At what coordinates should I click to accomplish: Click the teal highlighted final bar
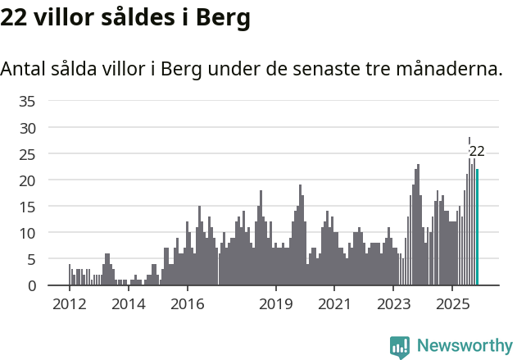[x=478, y=227]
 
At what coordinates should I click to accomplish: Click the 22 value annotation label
[x=477, y=151]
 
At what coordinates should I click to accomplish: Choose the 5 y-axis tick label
[x=31, y=259]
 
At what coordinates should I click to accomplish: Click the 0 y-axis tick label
[x=31, y=285]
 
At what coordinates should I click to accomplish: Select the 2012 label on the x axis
[x=69, y=304]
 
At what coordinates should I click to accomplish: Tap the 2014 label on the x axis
[x=128, y=304]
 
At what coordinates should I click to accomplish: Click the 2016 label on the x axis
[x=187, y=304]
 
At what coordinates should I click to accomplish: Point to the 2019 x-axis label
[x=275, y=304]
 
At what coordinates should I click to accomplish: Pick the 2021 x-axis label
[x=334, y=304]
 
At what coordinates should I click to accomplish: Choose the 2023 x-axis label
[x=393, y=304]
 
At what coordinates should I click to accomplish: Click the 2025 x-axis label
[x=452, y=304]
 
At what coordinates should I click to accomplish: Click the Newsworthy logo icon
[x=400, y=347]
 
